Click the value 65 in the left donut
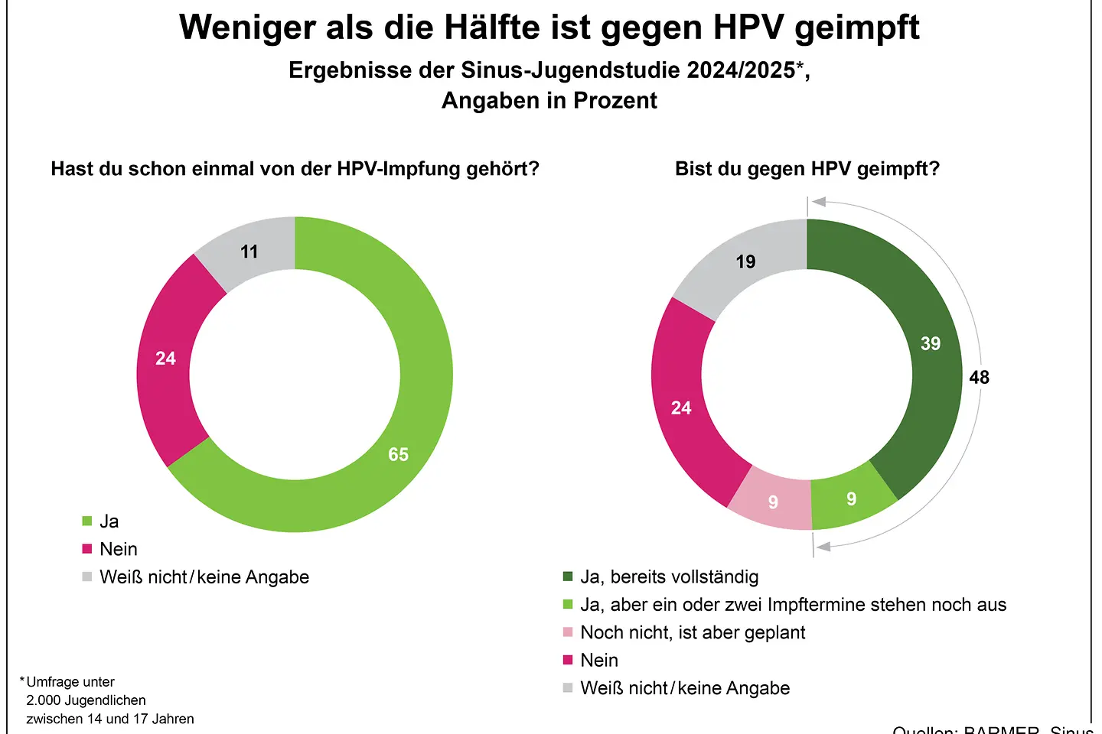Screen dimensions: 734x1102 (398, 454)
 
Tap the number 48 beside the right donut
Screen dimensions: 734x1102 (979, 377)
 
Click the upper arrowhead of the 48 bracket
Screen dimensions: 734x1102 (819, 202)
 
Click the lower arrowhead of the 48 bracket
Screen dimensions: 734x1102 (823, 547)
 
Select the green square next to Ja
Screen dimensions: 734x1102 (87, 521)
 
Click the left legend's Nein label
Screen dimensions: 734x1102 (119, 549)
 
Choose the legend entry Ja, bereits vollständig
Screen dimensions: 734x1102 (669, 576)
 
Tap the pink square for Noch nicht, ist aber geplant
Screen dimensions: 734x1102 (568, 632)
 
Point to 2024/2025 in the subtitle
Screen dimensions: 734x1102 (741, 70)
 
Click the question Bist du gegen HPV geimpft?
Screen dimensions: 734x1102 (807, 169)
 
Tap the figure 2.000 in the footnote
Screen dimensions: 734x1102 (43, 700)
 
